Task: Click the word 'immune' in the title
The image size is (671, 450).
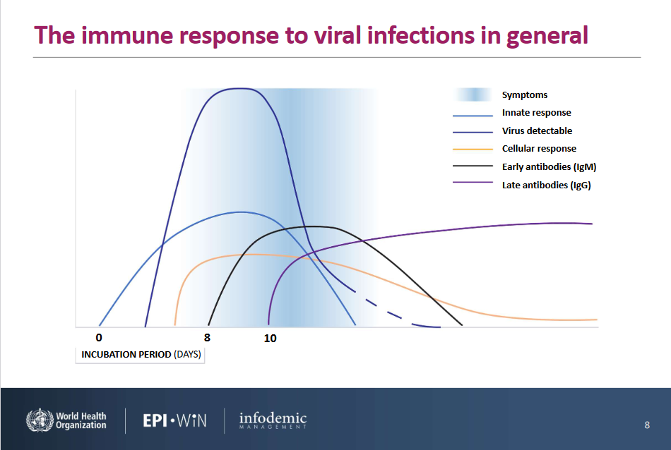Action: [x=126, y=35]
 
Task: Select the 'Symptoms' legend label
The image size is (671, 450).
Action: [x=525, y=95]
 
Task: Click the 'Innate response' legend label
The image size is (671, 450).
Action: [x=537, y=112]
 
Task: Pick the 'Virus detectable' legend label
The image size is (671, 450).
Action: [x=537, y=130]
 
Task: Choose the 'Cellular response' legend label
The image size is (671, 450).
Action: [x=539, y=148]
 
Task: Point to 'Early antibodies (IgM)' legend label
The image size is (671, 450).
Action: [x=549, y=166]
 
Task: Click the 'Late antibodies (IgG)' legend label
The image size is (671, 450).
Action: [x=547, y=185]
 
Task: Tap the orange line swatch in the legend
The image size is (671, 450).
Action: [x=473, y=149]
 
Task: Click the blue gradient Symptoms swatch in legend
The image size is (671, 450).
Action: [x=473, y=95]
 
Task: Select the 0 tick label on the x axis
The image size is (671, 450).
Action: [x=99, y=338]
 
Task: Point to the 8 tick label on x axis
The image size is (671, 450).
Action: [x=207, y=338]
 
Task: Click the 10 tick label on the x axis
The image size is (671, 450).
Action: [x=270, y=339]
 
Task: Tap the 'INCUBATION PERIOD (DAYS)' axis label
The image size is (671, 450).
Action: [x=141, y=354]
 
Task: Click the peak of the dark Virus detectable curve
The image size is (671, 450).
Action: [x=239, y=88]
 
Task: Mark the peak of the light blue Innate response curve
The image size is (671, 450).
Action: [x=240, y=212]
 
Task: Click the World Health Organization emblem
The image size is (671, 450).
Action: [x=40, y=420]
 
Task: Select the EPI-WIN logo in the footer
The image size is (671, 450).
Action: [x=174, y=420]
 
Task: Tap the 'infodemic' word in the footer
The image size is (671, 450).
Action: [x=273, y=418]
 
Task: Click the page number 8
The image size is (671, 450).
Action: [x=647, y=425]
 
